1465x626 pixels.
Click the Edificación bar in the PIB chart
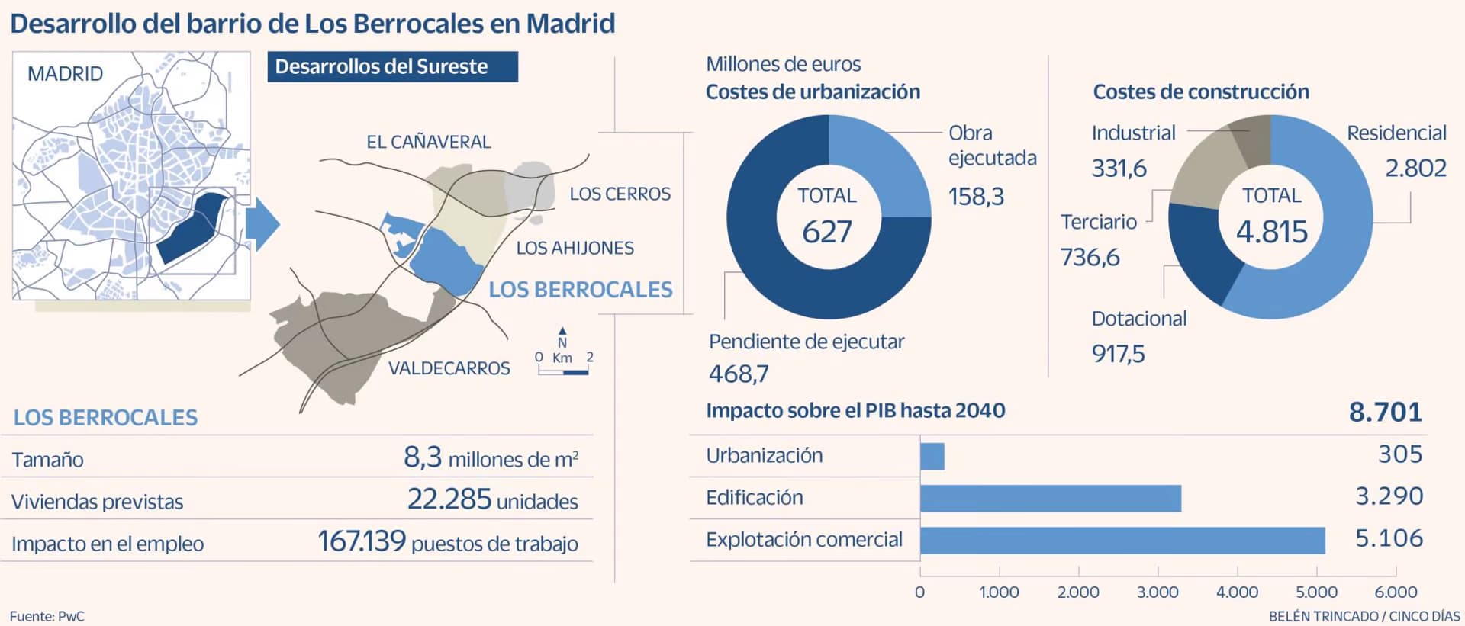(x=1050, y=499)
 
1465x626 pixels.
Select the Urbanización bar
(x=932, y=457)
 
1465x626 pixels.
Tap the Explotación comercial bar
(x=1122, y=541)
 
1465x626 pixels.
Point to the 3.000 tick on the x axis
(x=1158, y=592)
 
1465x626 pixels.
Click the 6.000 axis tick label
(x=1396, y=592)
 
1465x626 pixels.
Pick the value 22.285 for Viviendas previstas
(x=449, y=499)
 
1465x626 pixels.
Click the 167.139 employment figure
(x=362, y=541)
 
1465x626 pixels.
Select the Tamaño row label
(x=47, y=460)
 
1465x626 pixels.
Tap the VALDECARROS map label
(x=449, y=368)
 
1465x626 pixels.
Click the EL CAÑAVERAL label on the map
(x=428, y=142)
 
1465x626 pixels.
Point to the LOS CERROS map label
(x=620, y=194)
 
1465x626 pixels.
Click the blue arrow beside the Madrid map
(x=266, y=224)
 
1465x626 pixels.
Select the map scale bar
(x=563, y=372)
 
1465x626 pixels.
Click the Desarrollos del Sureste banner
(x=392, y=67)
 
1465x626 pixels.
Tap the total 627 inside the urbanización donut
(x=827, y=232)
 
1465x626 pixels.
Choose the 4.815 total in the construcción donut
(x=1271, y=232)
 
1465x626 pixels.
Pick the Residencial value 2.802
(x=1415, y=168)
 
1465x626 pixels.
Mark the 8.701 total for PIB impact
(x=1385, y=413)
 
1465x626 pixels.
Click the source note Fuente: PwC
(x=47, y=616)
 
